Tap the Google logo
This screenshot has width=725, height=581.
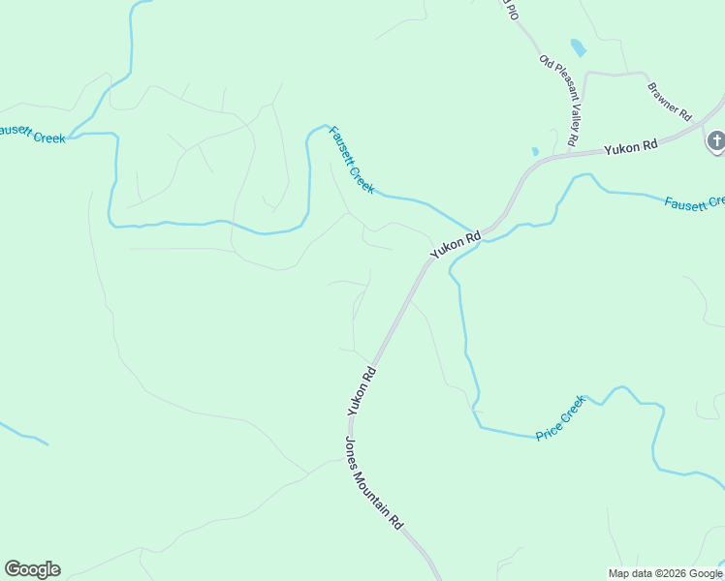32,569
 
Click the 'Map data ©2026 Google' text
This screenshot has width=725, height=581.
665,573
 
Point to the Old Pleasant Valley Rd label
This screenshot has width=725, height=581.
559,101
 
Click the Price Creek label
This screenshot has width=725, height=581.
561,418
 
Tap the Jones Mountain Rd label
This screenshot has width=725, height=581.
373,481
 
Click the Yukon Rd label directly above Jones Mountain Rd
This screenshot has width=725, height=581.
361,392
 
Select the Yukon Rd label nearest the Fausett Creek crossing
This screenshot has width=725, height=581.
456,243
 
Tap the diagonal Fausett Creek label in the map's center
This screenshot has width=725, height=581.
351,160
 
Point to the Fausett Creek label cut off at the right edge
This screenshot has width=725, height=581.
694,202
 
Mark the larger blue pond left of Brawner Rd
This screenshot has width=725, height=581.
579,47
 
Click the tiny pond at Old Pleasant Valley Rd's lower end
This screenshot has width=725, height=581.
534,151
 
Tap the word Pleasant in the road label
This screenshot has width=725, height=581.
560,96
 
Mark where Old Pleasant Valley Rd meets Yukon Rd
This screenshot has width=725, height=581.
566,152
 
